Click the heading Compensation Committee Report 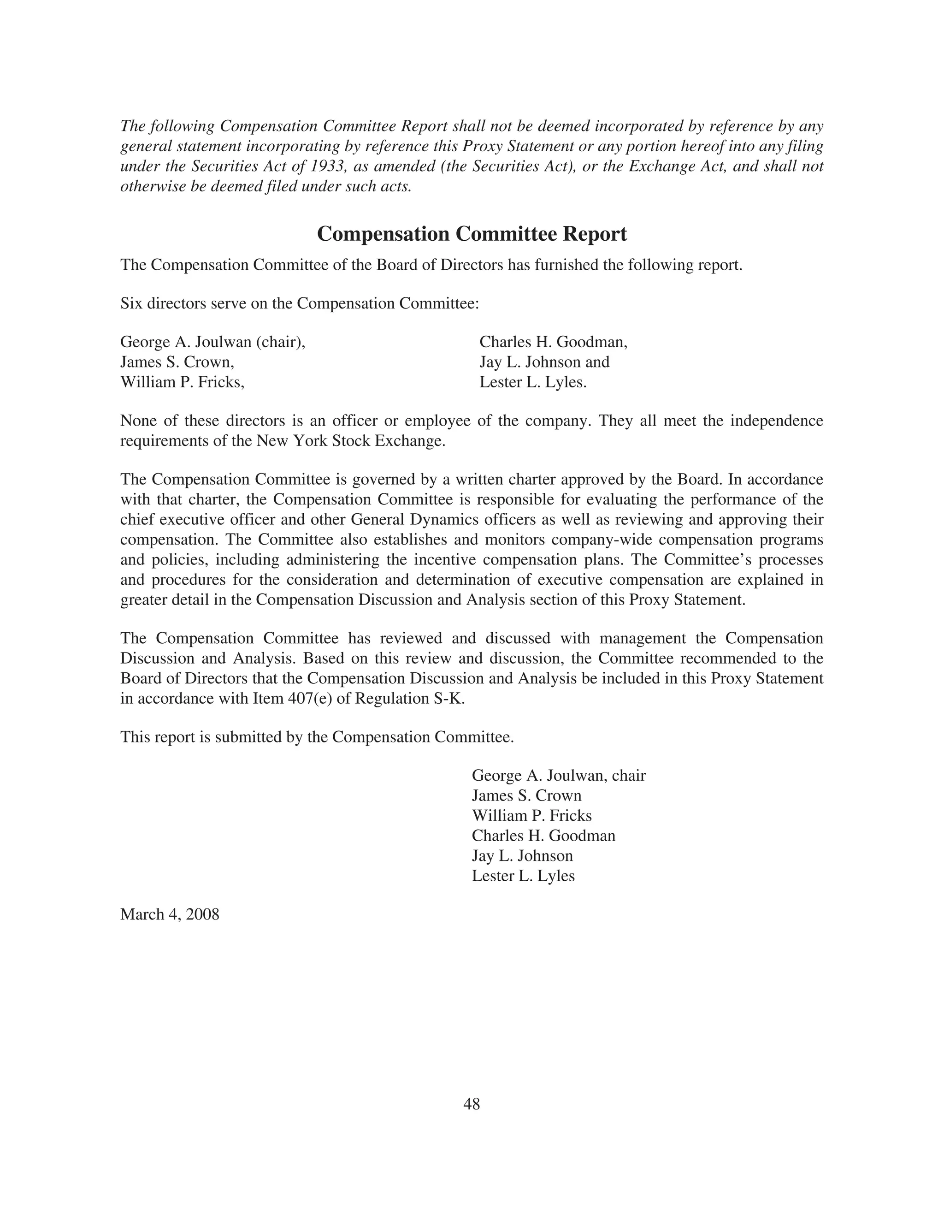[x=472, y=234]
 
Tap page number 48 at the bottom [x=472, y=1104]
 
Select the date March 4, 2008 [x=170, y=914]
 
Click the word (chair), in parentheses [x=281, y=342]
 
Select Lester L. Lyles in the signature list [x=523, y=876]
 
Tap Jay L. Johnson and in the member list [x=544, y=362]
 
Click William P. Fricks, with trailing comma [x=183, y=382]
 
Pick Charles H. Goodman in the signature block [x=543, y=836]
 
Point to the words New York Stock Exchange [x=350, y=441]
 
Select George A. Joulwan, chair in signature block [x=558, y=776]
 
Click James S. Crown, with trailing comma [x=177, y=362]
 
